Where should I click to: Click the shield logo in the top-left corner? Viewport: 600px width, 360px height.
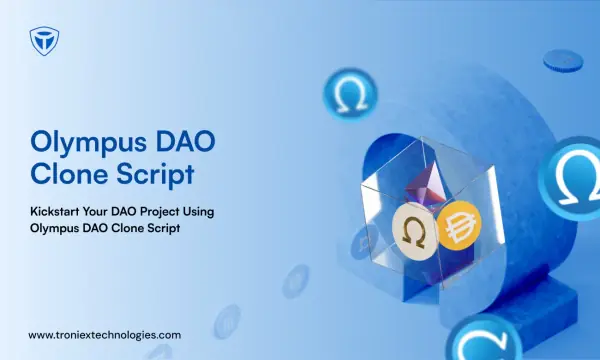pos(44,41)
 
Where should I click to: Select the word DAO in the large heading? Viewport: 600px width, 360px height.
pos(186,141)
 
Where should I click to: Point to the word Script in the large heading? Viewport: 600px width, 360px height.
pos(156,175)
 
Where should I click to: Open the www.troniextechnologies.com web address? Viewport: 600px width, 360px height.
pos(104,336)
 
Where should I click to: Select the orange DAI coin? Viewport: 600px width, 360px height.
pos(459,225)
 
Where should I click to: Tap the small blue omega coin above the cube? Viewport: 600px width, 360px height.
pos(350,94)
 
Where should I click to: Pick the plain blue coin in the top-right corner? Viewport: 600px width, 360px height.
pos(563,61)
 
